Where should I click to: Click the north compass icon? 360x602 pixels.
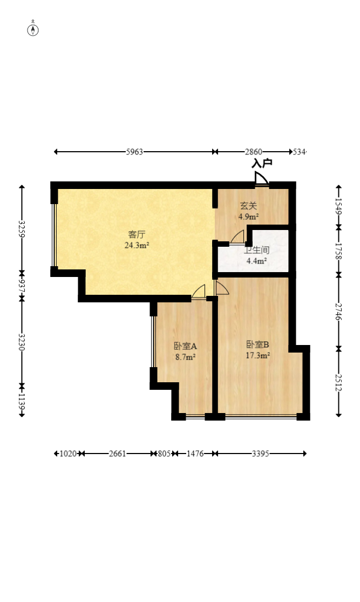pos(33,30)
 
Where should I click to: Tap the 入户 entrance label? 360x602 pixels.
pos(262,163)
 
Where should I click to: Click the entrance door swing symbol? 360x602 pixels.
pos(262,179)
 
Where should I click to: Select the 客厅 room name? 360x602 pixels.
pos(137,234)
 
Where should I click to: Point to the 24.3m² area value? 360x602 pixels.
pos(137,245)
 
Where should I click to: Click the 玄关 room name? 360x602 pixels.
pos(248,206)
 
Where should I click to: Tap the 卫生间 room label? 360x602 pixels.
pos(257,251)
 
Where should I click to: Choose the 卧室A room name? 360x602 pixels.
pos(185,346)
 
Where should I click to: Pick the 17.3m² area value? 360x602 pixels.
pos(257,355)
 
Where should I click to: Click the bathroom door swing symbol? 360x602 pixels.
pos(237,237)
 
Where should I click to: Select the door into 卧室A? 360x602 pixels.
pos(199,292)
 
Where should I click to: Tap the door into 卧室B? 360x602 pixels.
pos(222,288)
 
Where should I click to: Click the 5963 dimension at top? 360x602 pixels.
pos(134,152)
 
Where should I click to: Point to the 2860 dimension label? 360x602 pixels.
pos(253,152)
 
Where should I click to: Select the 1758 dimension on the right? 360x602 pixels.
pos(338,251)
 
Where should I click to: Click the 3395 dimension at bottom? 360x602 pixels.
pos(261,454)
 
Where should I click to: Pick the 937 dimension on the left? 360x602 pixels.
pos(22,286)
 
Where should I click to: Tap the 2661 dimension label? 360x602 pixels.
pos(118,454)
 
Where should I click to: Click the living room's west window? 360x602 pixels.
pos(55,235)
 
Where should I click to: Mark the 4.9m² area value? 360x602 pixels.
pos(248,217)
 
